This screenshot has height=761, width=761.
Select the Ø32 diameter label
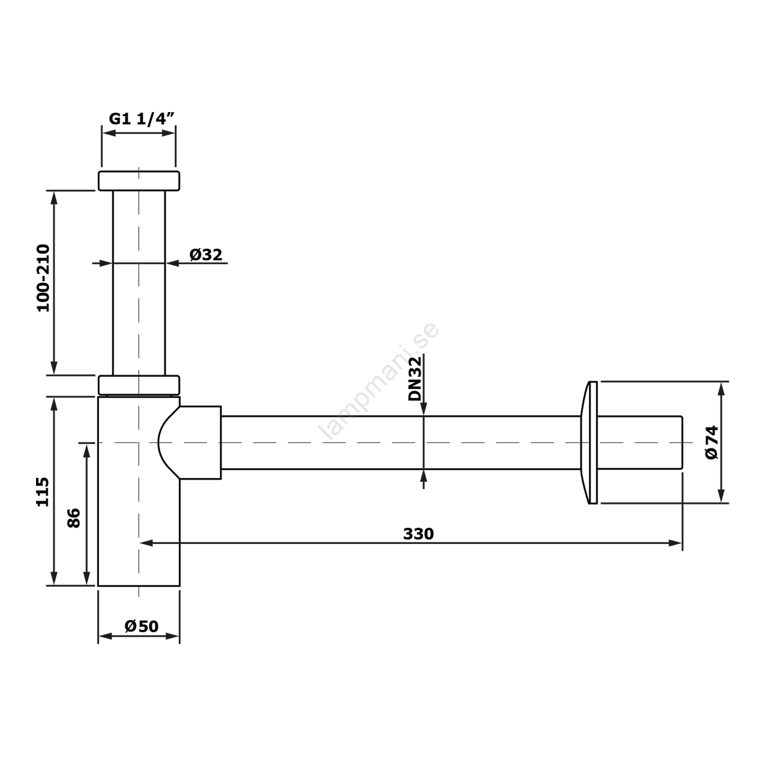pyautogui.click(x=206, y=254)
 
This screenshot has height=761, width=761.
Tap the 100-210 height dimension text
pyautogui.click(x=44, y=278)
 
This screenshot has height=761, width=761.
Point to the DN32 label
pyautogui.click(x=415, y=378)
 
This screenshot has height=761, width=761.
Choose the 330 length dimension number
pyautogui.click(x=419, y=534)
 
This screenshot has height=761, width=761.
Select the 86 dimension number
pyautogui.click(x=74, y=518)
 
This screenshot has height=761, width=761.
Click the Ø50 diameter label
pyautogui.click(x=142, y=626)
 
